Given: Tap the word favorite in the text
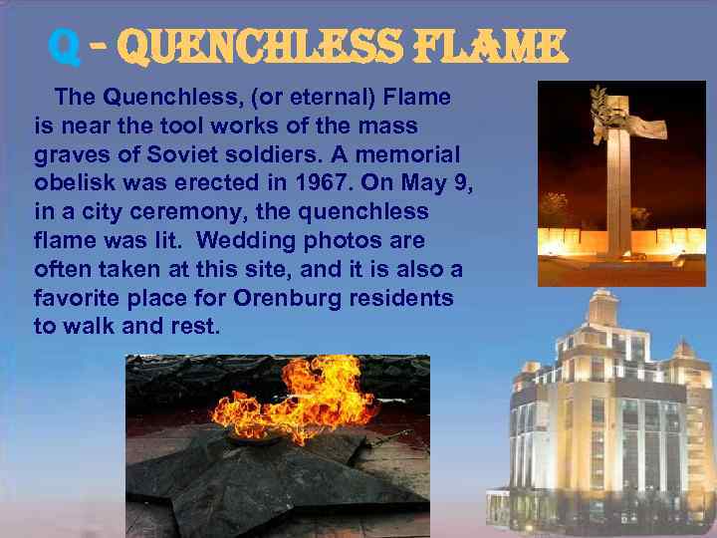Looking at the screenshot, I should pyautogui.click(x=76, y=298).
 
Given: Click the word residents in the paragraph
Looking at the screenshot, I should pyautogui.click(x=408, y=298).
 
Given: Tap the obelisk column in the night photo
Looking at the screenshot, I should pyautogui.click(x=618, y=189).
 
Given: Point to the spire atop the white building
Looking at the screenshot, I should pyautogui.click(x=600, y=299).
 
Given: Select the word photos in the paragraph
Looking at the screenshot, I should pyautogui.click(x=335, y=241).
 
